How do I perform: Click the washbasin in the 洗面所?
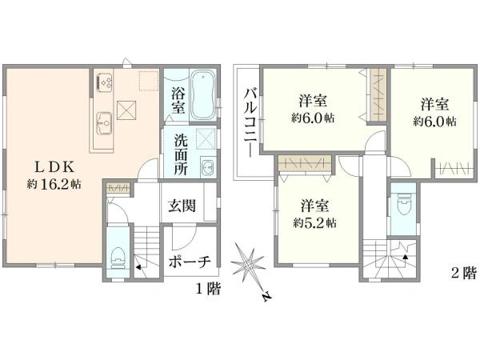[206, 167]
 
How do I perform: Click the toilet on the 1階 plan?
[117, 255]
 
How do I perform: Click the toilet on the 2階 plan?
[403, 207]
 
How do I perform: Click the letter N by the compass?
[265, 298]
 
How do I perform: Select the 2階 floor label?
[462, 273]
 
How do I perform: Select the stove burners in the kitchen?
[105, 82]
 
